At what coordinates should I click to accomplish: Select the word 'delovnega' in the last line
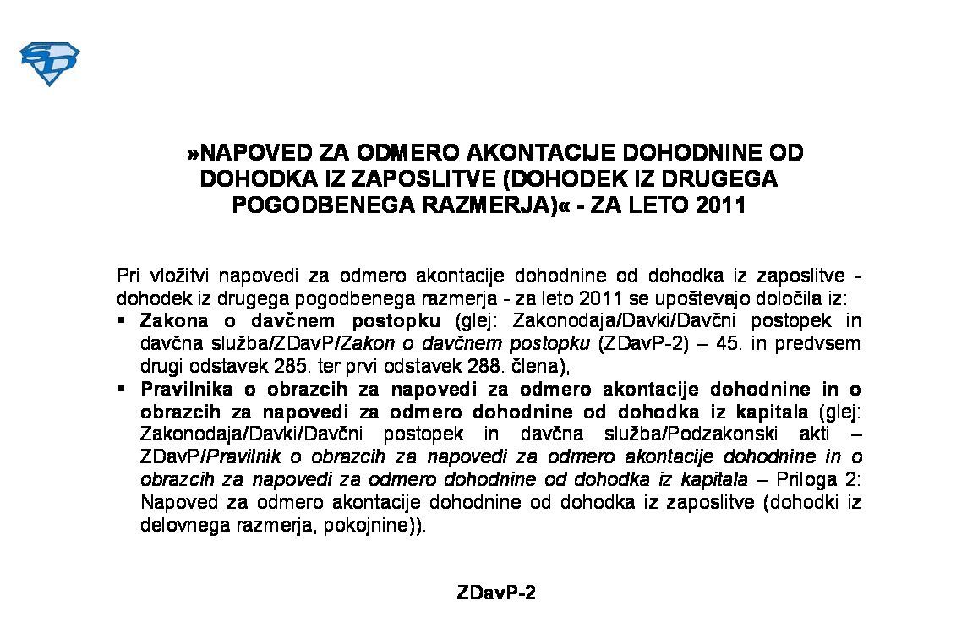179,524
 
